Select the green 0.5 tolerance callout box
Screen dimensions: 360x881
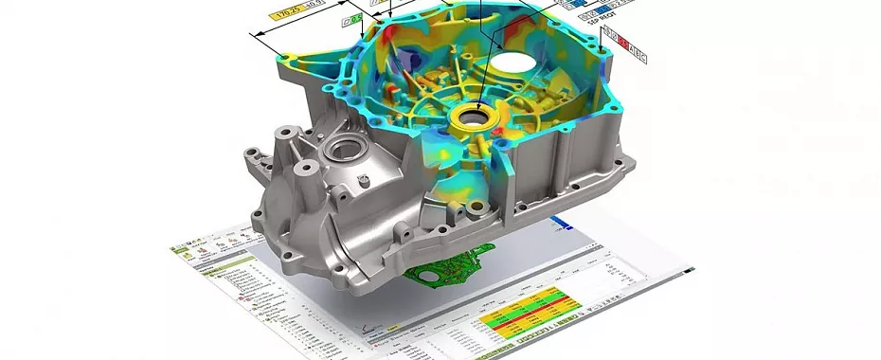[x=353, y=19]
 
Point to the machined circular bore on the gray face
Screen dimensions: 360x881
[x=340, y=148]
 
